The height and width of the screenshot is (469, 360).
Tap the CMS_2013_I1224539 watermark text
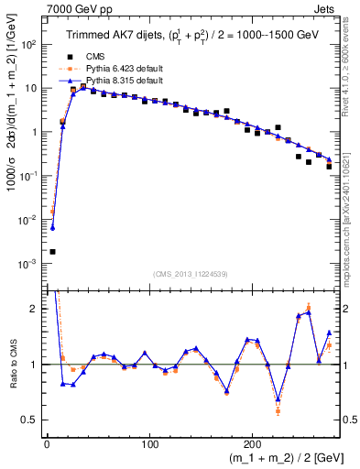tap(189, 272)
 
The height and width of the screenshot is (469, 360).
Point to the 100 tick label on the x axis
tap(150, 446)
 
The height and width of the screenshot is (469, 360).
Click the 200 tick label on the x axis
tap(254, 446)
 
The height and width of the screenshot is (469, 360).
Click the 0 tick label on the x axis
tap(47, 446)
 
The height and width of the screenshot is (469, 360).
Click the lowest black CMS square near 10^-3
tap(52, 252)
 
